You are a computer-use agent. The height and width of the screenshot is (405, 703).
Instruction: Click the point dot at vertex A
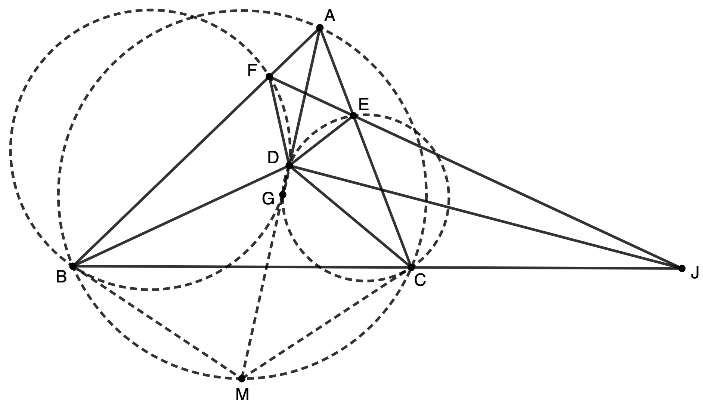(x=320, y=28)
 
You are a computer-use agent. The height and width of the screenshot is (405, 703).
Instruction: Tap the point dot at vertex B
(x=73, y=266)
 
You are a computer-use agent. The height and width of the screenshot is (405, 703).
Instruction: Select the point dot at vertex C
(x=411, y=267)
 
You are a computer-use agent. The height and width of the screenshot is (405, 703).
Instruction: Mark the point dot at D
(x=289, y=166)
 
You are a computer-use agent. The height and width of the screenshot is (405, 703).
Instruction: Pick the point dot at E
(x=353, y=116)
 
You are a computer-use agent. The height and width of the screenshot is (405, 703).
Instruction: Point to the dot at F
(x=269, y=77)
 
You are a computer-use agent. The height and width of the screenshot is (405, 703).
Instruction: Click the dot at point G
(x=283, y=195)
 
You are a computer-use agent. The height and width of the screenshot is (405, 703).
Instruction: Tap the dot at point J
(x=682, y=268)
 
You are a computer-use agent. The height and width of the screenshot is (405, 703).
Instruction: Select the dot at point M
(x=242, y=379)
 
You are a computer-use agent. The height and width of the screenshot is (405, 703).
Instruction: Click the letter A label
(x=330, y=16)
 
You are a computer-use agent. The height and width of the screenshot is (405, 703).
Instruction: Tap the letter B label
(x=61, y=277)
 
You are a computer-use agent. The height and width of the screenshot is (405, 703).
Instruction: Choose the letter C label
(x=420, y=280)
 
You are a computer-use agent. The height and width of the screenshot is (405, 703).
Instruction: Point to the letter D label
(x=273, y=158)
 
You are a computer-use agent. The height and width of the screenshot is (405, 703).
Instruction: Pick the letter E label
(x=363, y=104)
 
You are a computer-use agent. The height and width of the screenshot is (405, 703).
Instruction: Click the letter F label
(x=253, y=71)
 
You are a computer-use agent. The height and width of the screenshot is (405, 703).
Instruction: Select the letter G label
(x=268, y=199)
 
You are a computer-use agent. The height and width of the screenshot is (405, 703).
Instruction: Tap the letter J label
(x=694, y=273)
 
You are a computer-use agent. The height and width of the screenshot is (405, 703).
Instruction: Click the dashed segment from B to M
(x=157, y=322)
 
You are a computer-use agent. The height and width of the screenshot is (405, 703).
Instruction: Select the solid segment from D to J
(x=486, y=217)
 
